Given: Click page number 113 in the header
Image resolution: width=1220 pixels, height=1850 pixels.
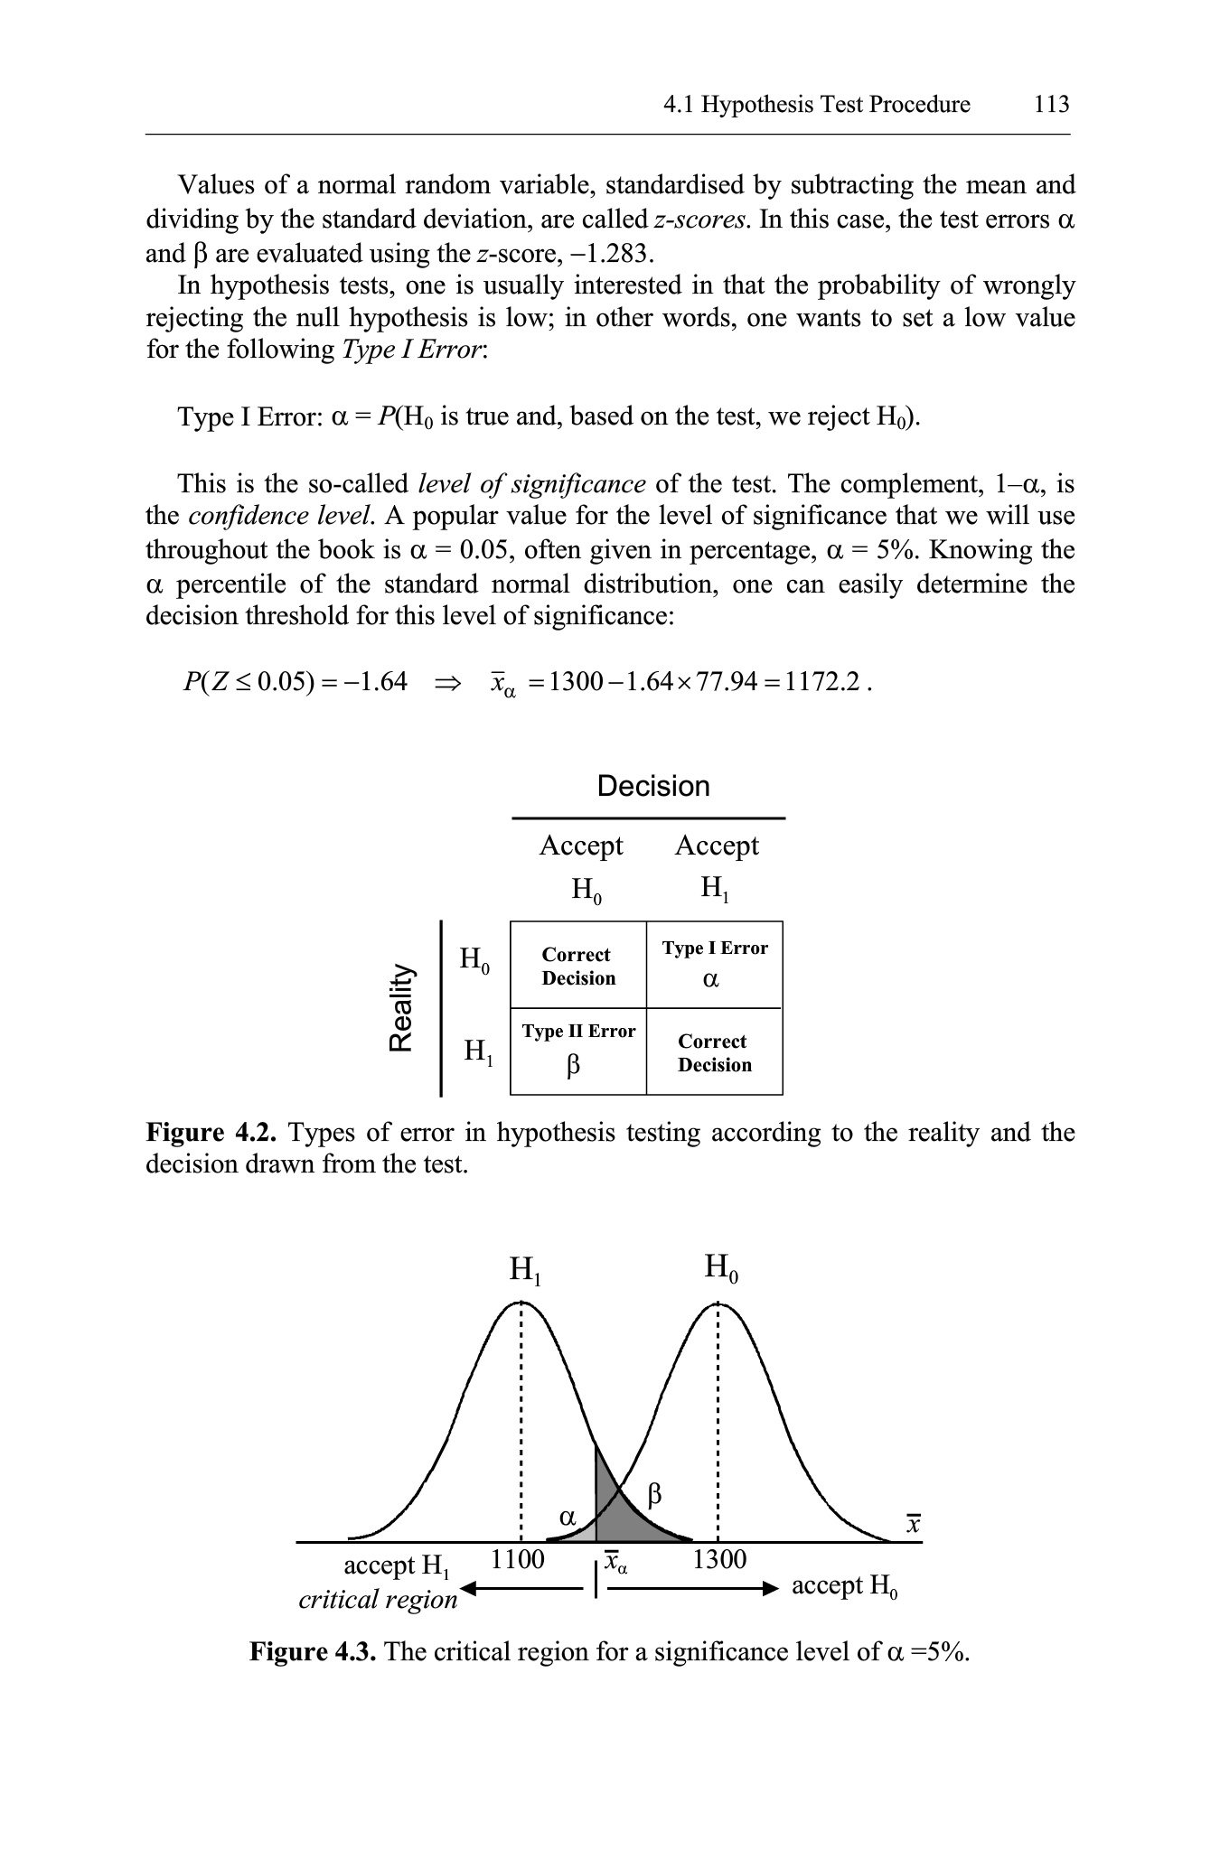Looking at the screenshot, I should point(1051,105).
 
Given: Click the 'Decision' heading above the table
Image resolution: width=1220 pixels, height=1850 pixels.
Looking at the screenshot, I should point(653,786).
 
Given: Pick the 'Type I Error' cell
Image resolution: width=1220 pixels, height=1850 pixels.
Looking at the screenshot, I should point(714,964).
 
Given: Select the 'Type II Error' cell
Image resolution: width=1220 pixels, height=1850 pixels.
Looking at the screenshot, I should point(578,1051).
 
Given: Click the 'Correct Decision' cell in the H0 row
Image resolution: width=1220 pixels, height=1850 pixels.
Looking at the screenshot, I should point(578,966).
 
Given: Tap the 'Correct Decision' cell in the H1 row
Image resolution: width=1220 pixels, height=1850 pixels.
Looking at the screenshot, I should point(714,1052).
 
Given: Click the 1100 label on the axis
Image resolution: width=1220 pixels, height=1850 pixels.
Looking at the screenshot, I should point(517,1559).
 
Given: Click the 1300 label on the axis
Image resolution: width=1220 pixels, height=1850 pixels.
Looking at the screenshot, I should point(719,1559).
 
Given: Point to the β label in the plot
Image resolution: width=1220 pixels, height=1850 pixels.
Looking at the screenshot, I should point(655,1495).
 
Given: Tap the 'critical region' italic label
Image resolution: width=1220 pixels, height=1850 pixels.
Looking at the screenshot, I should point(378,1599).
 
